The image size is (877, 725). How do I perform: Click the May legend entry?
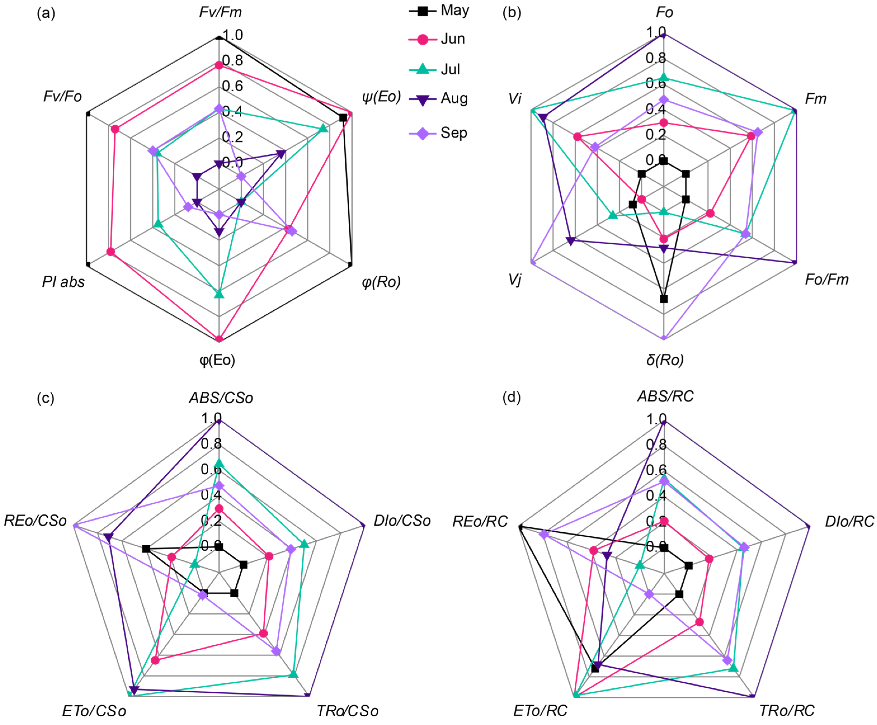point(454,10)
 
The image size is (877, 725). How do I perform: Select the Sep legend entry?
point(454,133)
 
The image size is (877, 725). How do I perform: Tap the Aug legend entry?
point(454,99)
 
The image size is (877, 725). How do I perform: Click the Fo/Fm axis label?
point(826,279)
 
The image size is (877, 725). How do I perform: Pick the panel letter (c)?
point(46,398)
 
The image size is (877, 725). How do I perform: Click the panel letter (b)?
point(511,13)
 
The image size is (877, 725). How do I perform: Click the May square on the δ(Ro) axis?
point(664,299)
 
